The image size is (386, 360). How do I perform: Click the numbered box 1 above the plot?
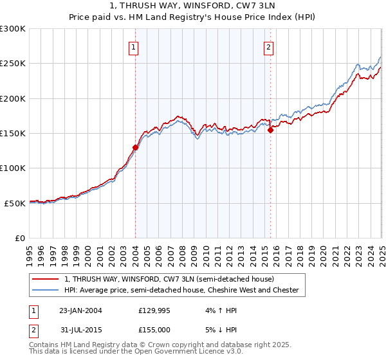133,46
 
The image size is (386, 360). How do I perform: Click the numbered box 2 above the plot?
268,46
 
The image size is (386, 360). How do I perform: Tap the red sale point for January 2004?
135,147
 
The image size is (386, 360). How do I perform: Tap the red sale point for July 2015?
270,130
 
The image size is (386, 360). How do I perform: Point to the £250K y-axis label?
13,64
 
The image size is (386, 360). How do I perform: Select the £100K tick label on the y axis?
13,168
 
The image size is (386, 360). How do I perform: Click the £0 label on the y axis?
19,238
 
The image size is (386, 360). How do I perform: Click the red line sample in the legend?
45,279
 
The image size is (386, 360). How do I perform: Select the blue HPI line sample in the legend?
45,290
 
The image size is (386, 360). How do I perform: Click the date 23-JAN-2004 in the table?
80,310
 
